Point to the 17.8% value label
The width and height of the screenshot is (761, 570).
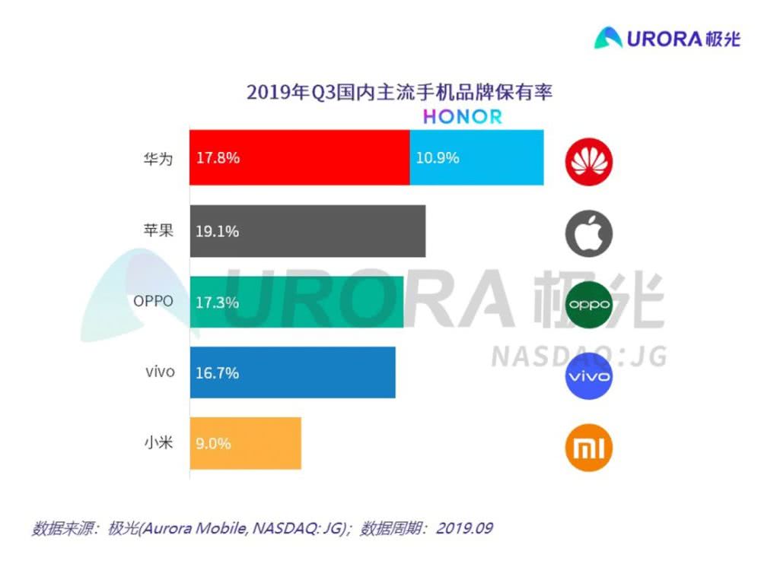point(218,158)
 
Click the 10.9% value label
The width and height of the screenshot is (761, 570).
point(438,158)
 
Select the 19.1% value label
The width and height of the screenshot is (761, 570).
point(218,231)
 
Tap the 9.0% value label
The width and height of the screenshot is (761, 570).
point(214,443)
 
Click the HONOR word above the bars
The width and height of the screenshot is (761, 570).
point(463,117)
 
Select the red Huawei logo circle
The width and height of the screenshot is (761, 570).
point(589,160)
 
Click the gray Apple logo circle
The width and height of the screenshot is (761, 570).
point(589,232)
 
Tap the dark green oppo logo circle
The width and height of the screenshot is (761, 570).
point(589,304)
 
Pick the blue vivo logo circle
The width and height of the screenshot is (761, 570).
point(589,376)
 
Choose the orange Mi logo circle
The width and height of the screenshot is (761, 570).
point(589,448)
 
